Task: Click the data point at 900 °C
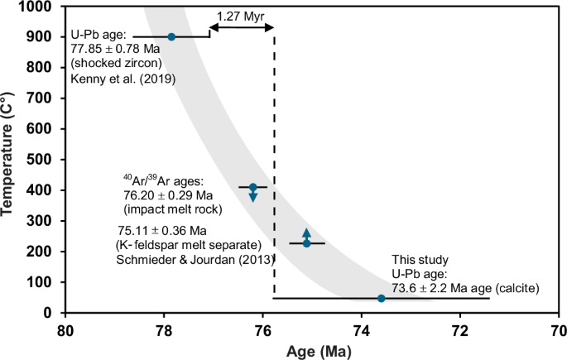(171, 36)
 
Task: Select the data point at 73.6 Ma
(381, 298)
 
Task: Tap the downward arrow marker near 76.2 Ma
(253, 196)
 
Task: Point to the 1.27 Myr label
(241, 16)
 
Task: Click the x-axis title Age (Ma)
(311, 351)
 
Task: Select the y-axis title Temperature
(12, 158)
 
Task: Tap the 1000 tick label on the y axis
(37, 7)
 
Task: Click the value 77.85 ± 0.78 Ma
(118, 50)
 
